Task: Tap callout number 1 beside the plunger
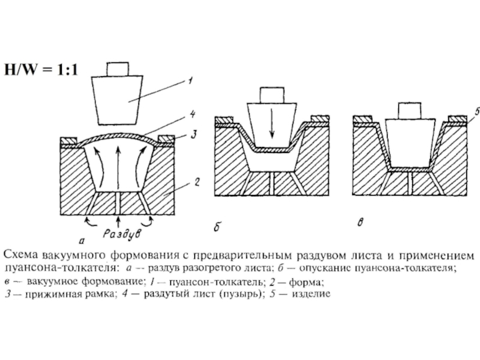click(x=190, y=78)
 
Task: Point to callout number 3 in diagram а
click(x=192, y=137)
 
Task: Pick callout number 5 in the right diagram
click(x=476, y=111)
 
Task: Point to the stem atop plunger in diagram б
click(x=272, y=94)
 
